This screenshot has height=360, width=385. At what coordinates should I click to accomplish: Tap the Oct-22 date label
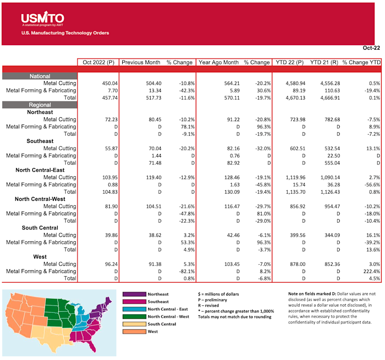click(372, 49)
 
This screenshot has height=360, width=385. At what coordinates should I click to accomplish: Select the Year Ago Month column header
click(218, 62)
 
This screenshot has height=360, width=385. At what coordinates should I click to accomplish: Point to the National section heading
click(39, 76)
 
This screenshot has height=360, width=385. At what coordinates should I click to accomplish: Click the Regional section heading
click(39, 105)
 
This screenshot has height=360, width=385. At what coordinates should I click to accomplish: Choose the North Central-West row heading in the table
click(43, 199)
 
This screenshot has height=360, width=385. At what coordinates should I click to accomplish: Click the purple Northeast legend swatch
click(134, 294)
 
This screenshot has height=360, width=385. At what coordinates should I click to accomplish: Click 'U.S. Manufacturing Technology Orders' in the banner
click(65, 33)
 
